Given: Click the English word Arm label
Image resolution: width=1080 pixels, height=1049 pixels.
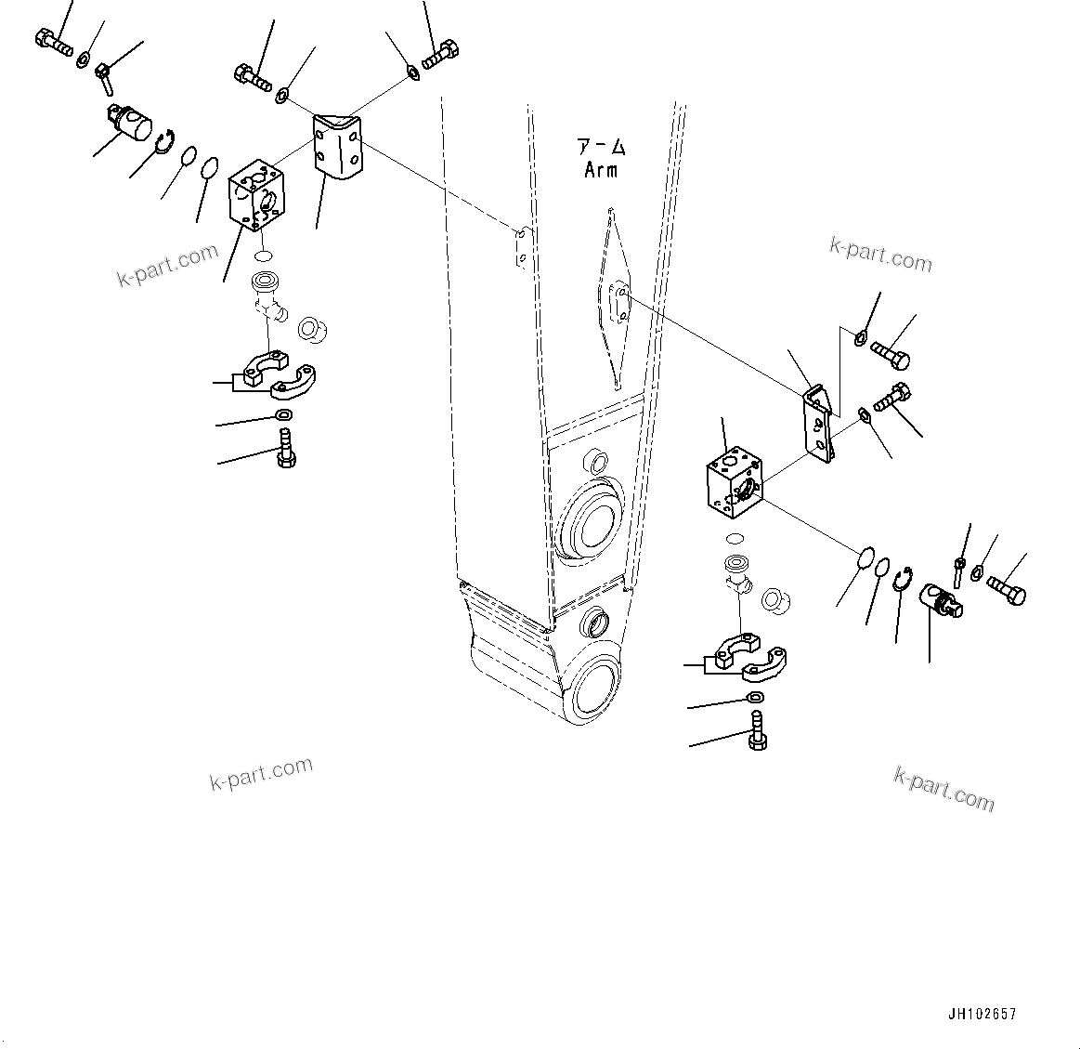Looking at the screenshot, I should tap(601, 170).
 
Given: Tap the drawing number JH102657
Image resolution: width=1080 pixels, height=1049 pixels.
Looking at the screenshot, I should tap(983, 1015).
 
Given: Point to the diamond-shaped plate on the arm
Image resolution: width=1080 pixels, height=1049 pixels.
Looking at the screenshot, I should tap(612, 297).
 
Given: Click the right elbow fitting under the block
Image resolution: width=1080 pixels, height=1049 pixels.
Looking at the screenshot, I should tap(739, 575).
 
